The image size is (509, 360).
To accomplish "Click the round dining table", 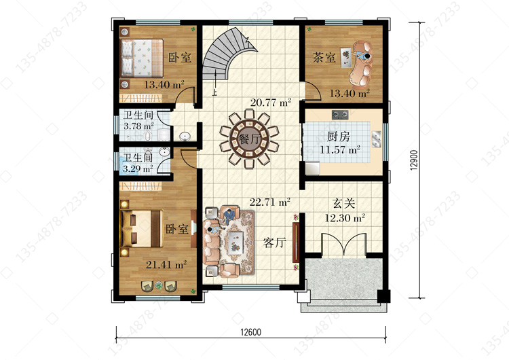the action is point(249,139).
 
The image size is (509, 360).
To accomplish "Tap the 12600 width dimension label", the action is point(250,332).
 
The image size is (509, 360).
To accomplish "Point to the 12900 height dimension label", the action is point(413,160).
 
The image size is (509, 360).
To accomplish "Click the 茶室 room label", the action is point(324,58).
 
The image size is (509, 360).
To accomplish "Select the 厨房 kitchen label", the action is point(338,137).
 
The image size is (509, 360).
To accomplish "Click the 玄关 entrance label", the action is point(344,203).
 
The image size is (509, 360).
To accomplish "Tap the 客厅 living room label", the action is point(274,242).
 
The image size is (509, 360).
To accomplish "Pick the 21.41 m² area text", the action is point(166,264).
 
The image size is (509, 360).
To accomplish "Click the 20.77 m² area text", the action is point(270,103).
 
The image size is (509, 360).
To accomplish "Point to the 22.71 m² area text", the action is point(269,202).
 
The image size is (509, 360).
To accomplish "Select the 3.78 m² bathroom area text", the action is point(138,126).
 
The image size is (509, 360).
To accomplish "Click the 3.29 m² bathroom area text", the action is point(138,168).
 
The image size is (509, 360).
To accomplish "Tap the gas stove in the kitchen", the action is point(340,114).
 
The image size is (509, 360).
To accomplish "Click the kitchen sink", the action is point(377,139).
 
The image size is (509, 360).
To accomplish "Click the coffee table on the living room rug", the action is point(235,242).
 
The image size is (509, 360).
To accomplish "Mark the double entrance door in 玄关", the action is point(344,244).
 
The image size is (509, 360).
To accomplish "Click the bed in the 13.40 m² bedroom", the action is point(142,58).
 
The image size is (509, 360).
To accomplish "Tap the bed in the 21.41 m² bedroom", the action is point(142,228).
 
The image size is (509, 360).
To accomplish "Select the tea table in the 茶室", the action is point(347,58).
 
